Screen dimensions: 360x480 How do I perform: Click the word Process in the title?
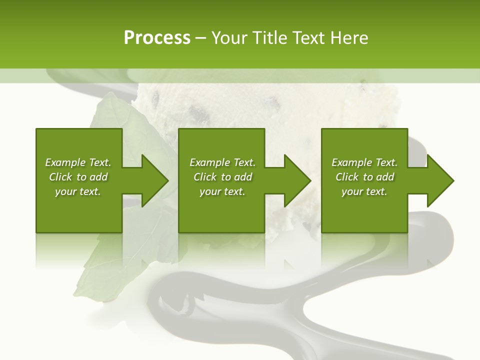(157, 38)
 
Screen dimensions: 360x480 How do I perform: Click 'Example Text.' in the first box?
(78, 162)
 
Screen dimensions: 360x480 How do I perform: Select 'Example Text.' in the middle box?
(222, 162)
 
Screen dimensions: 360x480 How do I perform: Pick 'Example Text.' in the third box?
(364, 162)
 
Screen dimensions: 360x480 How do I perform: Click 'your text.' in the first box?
(78, 191)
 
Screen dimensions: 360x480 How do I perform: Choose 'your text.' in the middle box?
(222, 191)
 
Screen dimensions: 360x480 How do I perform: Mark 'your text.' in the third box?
(364, 191)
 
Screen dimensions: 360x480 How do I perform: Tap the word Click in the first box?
(60, 177)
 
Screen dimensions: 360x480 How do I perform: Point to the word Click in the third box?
(347, 177)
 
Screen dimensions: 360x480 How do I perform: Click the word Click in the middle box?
(205, 177)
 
